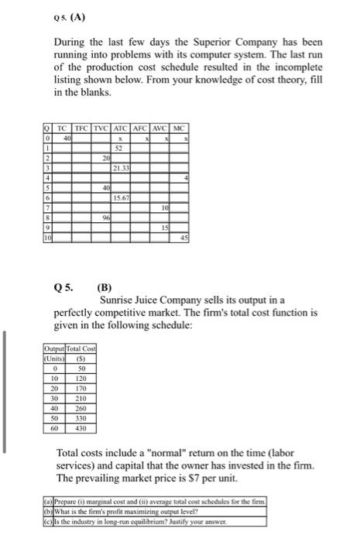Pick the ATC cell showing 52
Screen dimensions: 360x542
click(x=120, y=146)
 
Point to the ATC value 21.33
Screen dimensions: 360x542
click(x=118, y=167)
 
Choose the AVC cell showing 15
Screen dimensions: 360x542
click(x=163, y=228)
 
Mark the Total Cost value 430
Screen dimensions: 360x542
click(x=79, y=427)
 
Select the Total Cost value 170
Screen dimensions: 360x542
click(x=79, y=390)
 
